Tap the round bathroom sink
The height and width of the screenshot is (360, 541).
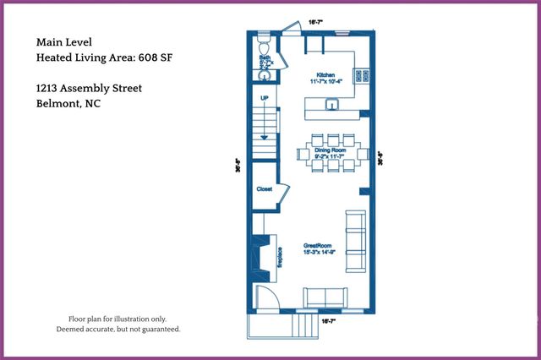coord(263,74)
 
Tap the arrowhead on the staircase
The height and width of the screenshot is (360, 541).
coord(265,136)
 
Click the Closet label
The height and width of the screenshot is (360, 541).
coord(264,190)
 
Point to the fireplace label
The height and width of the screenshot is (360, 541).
coord(279,257)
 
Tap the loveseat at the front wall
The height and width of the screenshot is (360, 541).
coord(325,297)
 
